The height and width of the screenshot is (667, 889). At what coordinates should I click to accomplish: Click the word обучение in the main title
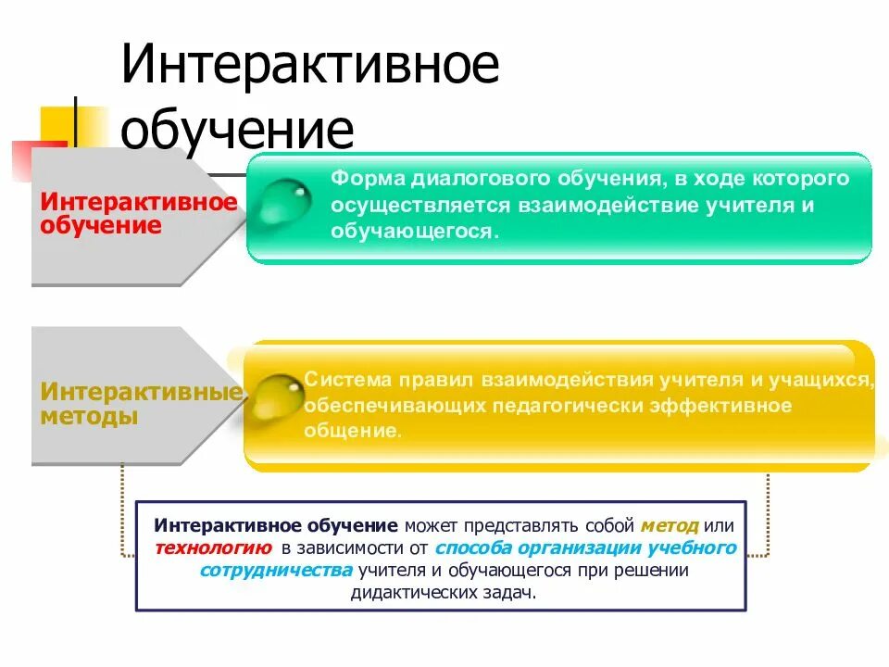237,130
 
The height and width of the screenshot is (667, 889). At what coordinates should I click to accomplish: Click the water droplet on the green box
283,203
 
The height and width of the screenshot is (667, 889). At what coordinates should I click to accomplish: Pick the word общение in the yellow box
352,432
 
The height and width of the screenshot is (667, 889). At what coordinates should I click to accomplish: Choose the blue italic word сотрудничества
276,570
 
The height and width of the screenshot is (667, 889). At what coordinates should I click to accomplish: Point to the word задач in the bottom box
510,593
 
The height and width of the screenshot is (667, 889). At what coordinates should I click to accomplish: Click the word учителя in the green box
753,204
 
